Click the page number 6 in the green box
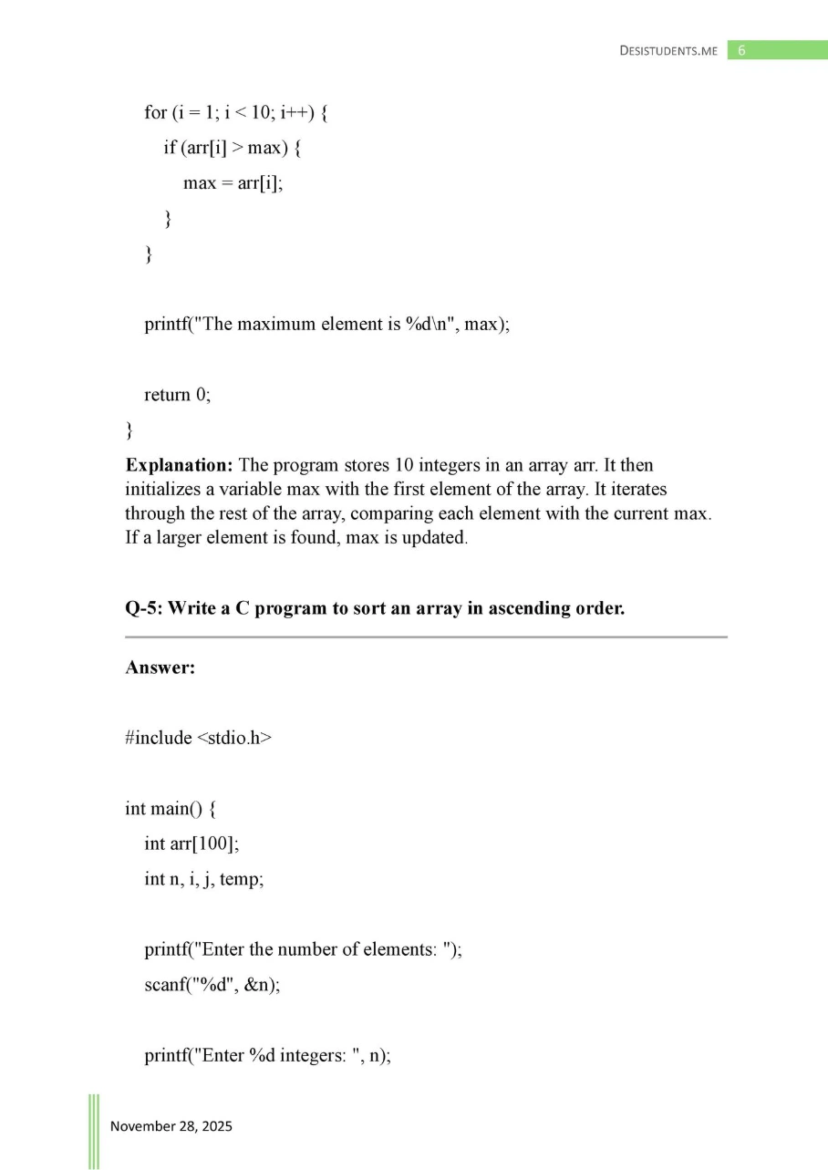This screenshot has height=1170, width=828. tap(741, 50)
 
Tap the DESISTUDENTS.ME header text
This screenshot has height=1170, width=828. tap(668, 51)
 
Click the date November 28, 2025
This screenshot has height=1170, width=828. tap(171, 1126)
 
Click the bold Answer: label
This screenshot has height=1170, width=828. tap(160, 668)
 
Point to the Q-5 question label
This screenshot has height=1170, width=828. tap(144, 608)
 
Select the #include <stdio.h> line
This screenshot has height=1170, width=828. tap(198, 738)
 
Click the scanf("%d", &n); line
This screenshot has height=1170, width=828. tap(212, 987)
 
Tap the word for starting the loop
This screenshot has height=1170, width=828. tap(155, 112)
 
